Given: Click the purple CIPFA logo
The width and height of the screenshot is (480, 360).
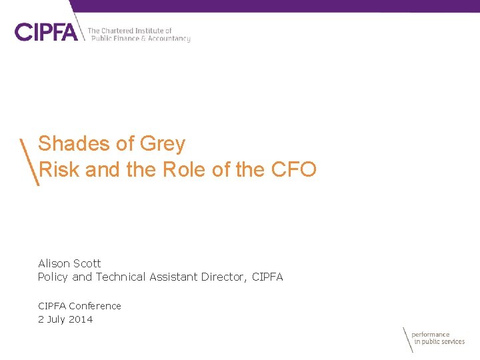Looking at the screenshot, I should coord(46,32).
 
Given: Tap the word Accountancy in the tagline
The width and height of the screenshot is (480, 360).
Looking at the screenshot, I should coord(169,39).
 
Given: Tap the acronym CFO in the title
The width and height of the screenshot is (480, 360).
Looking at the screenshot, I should coord(294,169).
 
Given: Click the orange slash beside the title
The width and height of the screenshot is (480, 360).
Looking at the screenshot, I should coord(29,162).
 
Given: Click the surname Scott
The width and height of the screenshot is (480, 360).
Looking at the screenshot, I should coord(88,263).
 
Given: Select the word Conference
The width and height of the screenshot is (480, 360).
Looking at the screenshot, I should coord(95,306).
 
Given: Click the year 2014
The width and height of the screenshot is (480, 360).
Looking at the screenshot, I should coord(81,319).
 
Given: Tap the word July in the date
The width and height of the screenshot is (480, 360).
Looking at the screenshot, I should coord(57,319).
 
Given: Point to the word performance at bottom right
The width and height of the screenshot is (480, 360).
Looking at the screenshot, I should coord(431,335).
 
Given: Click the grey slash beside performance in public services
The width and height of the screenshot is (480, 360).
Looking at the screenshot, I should coord(407,340).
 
